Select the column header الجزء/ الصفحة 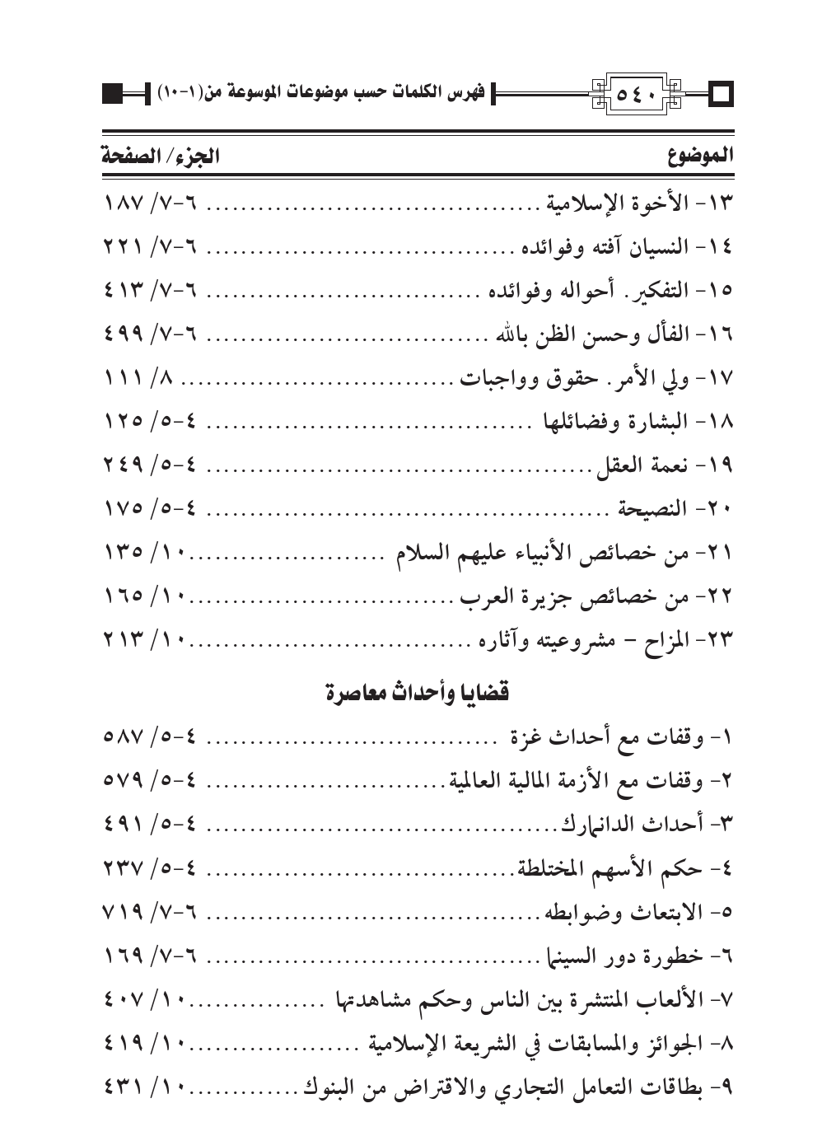161,157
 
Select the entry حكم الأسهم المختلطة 618,869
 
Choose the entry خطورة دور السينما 630,957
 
